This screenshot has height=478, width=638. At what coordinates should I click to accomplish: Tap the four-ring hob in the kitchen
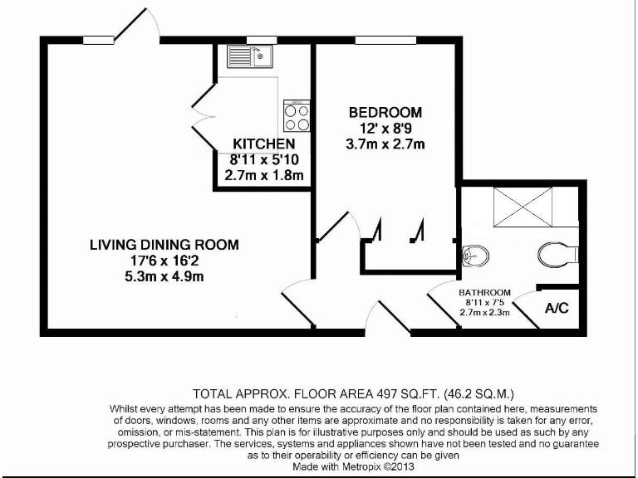pos(297,116)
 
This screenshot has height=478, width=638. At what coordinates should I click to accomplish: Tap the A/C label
pos(557,309)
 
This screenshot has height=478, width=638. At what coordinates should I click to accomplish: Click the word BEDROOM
pos(385,112)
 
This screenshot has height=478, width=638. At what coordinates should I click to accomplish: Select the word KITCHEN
pos(263,144)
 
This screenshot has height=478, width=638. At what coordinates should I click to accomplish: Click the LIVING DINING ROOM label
pos(164,245)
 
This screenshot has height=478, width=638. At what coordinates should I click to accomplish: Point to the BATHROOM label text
pos(485,293)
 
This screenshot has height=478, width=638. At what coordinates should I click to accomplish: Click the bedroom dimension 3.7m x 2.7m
pos(385,144)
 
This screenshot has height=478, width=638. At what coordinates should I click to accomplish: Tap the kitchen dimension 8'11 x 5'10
pos(263,160)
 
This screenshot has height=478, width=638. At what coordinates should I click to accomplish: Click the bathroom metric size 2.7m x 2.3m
pos(485,313)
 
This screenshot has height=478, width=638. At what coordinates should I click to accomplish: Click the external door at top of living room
pos(136,25)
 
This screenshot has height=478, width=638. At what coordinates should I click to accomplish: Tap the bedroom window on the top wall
pos(375,39)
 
